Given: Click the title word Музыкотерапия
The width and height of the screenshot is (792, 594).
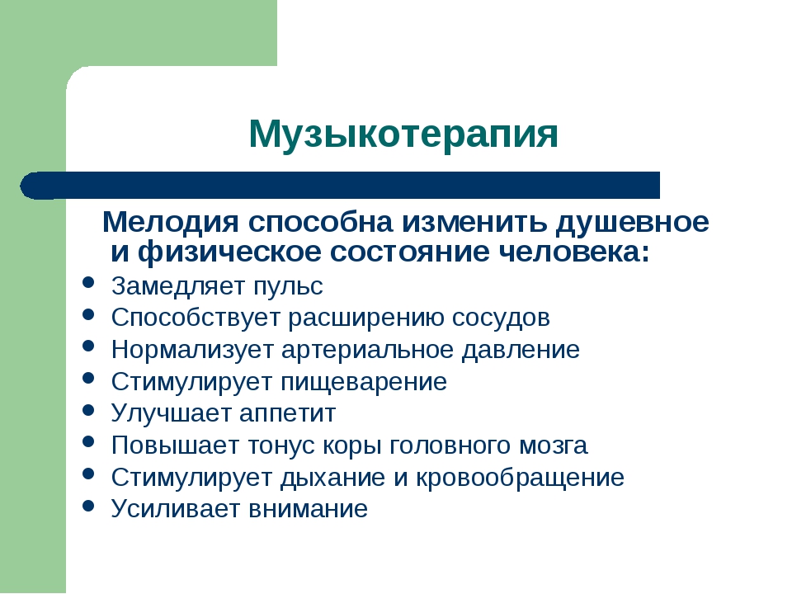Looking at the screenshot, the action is point(403,134).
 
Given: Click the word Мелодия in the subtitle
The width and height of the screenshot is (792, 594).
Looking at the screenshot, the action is point(170,223).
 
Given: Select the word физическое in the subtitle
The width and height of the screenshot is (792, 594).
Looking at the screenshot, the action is point(229,252).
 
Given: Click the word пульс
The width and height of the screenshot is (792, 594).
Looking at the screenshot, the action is point(288,287).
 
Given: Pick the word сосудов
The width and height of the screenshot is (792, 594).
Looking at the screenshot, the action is point(501,318).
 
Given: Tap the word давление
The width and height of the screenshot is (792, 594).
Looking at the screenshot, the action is point(521,351).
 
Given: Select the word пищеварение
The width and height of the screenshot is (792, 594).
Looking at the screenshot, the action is point(364,382).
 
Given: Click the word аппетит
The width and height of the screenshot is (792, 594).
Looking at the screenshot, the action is point(287,413).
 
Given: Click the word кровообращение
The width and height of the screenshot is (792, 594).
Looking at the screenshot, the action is point(520,478).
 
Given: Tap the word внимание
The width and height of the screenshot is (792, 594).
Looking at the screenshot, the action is point(308,509).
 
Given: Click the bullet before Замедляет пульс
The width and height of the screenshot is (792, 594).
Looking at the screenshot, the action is point(88,282).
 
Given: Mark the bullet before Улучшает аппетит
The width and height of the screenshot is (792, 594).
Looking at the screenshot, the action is point(88,409).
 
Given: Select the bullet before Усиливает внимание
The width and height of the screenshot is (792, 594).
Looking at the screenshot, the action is point(88,505).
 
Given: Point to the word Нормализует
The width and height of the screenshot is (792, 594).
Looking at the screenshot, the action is point(192,351).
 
